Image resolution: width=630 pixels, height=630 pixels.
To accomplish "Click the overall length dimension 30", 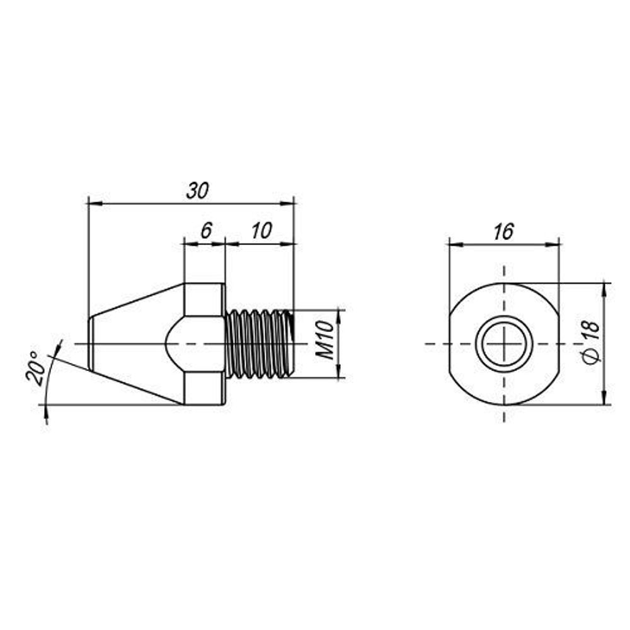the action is click(198, 191).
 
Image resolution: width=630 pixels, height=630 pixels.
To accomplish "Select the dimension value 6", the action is click(206, 231).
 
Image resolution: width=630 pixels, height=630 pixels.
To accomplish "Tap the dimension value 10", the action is click(262, 231).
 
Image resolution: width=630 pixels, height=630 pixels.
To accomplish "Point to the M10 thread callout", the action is click(325, 340).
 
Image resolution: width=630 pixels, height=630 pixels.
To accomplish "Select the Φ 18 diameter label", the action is click(592, 343).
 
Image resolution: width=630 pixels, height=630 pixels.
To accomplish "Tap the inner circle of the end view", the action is click(504, 344).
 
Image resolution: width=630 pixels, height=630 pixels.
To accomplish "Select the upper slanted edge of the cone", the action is click(136, 300).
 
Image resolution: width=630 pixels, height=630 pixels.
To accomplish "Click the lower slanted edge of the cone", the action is click(136, 387).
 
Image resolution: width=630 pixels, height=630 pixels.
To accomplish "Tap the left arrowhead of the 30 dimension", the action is click(93, 203).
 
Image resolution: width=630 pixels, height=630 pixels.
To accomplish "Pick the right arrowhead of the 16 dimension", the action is click(553, 244).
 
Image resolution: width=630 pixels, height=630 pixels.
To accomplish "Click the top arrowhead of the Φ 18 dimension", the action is click(604, 289).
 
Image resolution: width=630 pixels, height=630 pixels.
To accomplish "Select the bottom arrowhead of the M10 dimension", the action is click(340, 372).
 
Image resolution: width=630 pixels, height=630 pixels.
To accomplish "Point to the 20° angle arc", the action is click(51, 381).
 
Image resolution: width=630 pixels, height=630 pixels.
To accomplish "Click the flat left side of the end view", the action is click(449, 344).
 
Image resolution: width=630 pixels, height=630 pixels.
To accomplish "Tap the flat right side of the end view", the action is click(558, 344).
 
